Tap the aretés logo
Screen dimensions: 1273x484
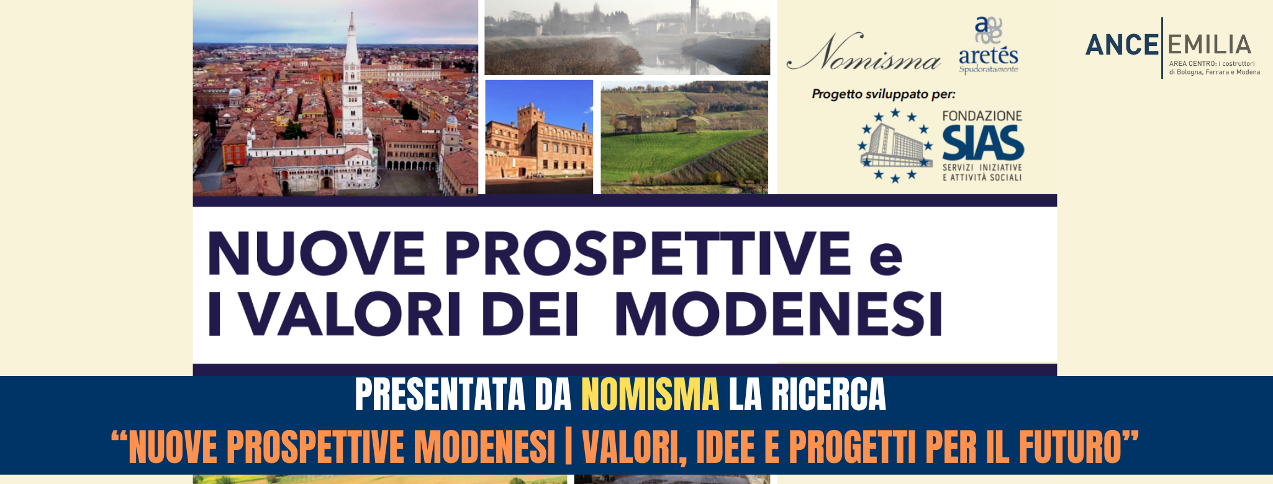(989, 45)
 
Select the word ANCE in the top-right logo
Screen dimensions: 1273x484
(1121, 45)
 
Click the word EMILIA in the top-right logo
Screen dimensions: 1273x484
(1209, 45)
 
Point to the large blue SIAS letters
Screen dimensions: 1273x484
(983, 143)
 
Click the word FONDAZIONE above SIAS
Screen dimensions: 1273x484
(982, 116)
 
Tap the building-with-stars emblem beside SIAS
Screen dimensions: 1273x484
(895, 146)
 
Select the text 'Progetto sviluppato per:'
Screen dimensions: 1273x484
(884, 94)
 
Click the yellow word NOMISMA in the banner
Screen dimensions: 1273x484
(650, 395)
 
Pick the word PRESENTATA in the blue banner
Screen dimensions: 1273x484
(440, 395)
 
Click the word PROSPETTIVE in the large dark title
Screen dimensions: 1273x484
(648, 253)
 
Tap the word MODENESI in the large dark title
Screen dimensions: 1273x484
(779, 313)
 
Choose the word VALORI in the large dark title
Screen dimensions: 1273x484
(350, 313)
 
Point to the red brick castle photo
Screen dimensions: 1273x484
(539, 137)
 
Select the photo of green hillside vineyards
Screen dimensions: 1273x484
(684, 137)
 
